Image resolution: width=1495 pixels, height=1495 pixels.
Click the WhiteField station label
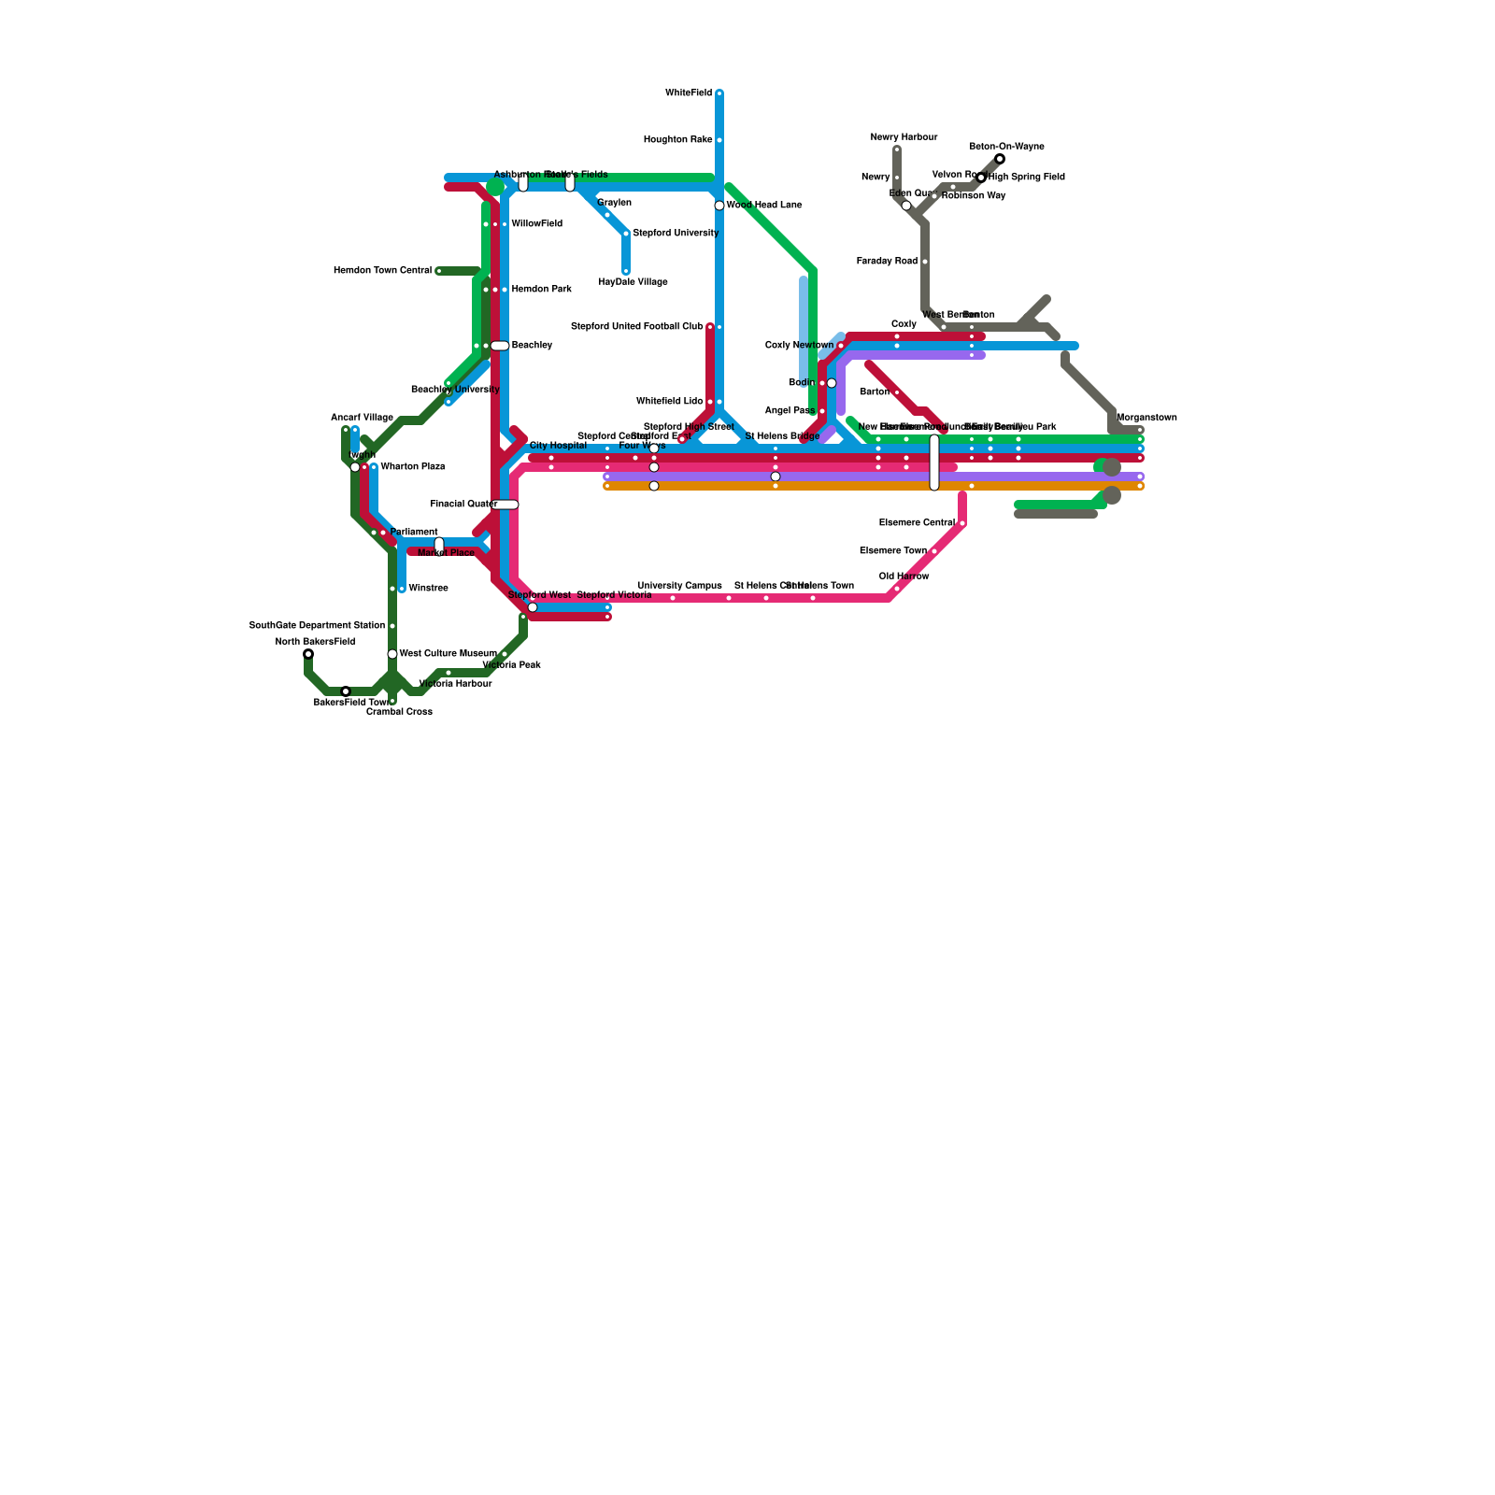[x=689, y=93]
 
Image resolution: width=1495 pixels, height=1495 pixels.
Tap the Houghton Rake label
[x=678, y=140]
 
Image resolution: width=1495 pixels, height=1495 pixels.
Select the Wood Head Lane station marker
[x=719, y=206]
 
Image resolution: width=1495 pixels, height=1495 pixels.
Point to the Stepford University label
[x=676, y=234]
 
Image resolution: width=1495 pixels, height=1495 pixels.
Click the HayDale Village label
[x=634, y=282]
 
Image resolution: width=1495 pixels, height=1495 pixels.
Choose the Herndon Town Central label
[x=383, y=271]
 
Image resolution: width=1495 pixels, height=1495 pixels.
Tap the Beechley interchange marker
[x=500, y=346]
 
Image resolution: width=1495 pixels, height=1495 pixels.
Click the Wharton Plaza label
[x=413, y=467]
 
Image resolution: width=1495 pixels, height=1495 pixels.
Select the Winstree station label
[x=429, y=589]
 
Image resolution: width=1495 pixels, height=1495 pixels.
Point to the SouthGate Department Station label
[x=317, y=626]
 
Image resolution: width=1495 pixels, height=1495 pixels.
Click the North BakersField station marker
[x=308, y=654]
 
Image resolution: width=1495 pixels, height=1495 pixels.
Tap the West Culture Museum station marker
[x=392, y=654]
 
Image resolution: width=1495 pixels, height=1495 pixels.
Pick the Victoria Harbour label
[x=455, y=684]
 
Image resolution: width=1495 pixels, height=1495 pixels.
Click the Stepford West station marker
[x=533, y=607]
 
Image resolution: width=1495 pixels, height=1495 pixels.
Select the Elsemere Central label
[x=917, y=523]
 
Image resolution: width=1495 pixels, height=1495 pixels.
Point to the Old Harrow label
[x=904, y=577]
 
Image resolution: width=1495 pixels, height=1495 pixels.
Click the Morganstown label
[x=1146, y=418]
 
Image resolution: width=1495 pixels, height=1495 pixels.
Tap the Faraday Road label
[x=888, y=262]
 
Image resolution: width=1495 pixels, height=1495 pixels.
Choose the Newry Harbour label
[x=904, y=137]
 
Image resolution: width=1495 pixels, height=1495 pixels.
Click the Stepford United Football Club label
[x=637, y=327]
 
